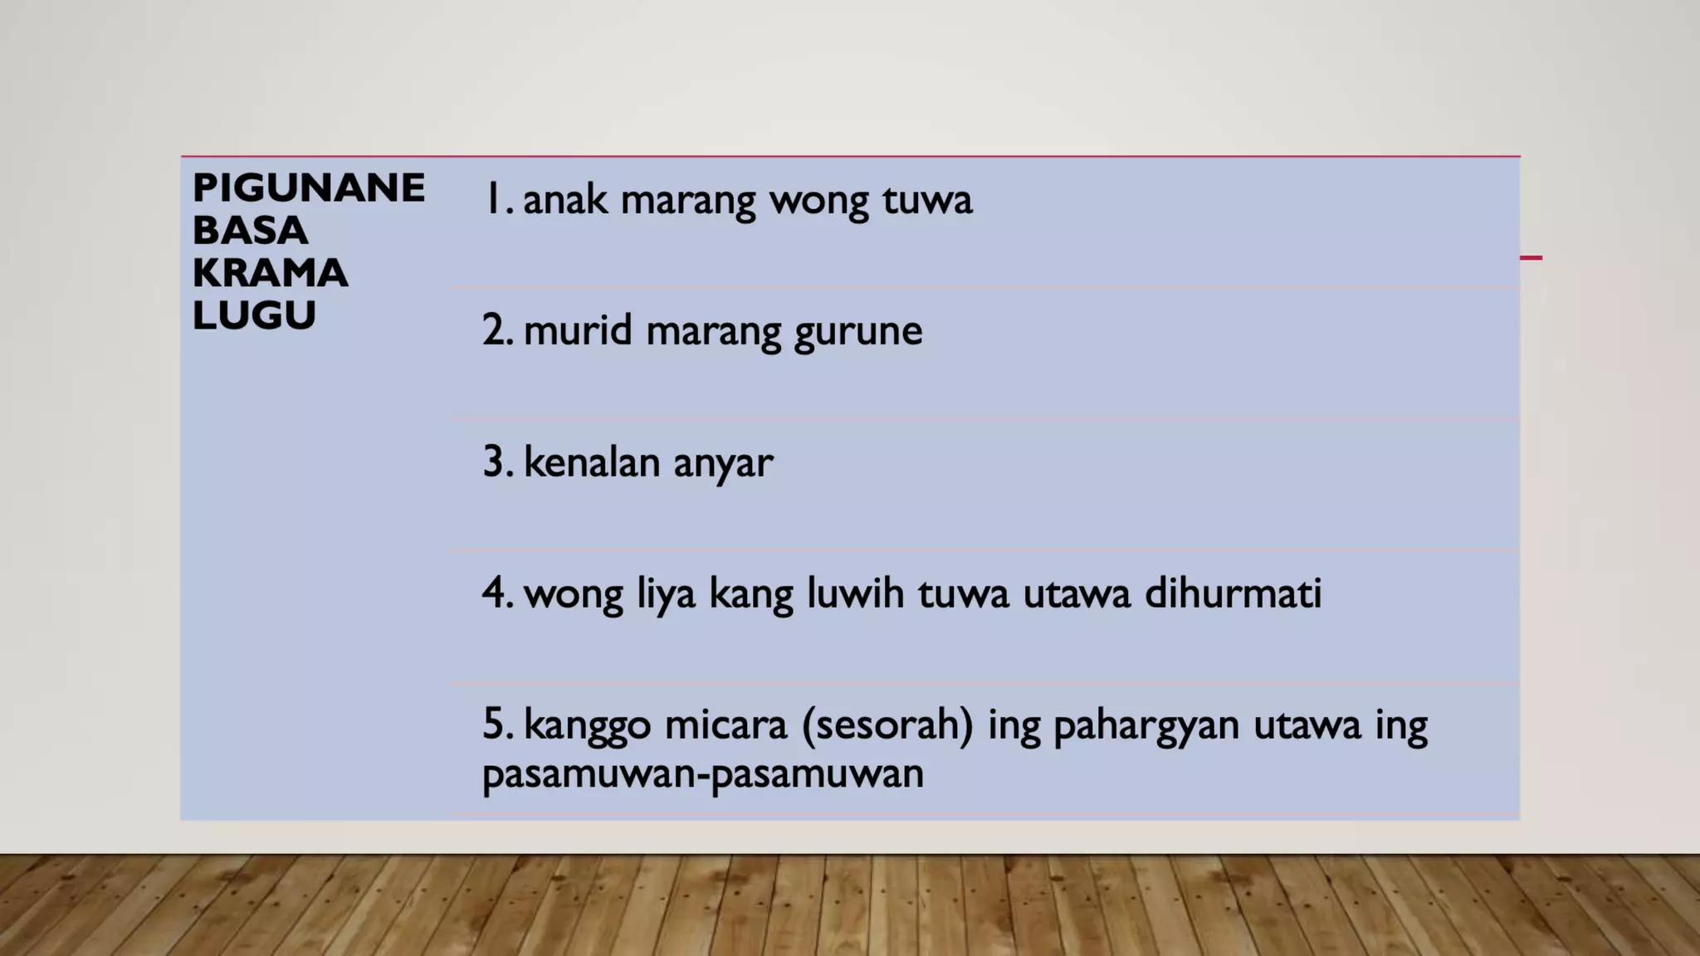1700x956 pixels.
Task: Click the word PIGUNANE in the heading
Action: [x=308, y=188]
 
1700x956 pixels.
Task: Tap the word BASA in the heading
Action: [x=250, y=231]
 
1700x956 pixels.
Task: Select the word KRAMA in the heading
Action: [x=270, y=273]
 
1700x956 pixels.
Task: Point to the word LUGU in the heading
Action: [x=254, y=315]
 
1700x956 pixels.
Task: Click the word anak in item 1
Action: [x=564, y=200]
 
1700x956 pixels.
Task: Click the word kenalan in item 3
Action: [x=592, y=461]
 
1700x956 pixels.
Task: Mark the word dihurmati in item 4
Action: [x=1233, y=593]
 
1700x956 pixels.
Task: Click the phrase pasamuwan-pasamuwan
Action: [x=702, y=773]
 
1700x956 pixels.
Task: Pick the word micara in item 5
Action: [x=725, y=724]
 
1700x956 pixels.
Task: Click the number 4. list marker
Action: [x=497, y=593]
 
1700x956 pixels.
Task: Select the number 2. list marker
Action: [x=497, y=330]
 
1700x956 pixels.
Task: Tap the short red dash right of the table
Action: [x=1531, y=258]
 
